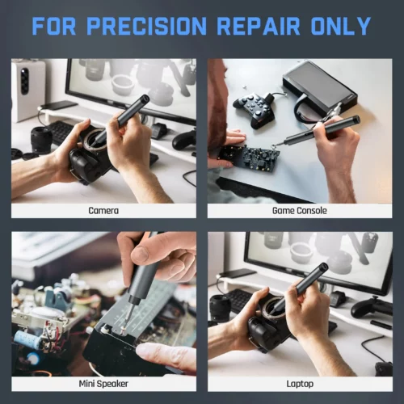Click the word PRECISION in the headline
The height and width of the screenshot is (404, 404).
click(x=147, y=26)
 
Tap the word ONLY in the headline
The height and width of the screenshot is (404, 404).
click(x=341, y=26)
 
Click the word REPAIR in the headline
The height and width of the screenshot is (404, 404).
click(x=259, y=26)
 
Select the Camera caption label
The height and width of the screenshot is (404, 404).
click(x=103, y=210)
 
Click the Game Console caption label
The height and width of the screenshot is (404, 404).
click(x=300, y=210)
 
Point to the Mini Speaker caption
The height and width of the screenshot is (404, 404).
click(x=103, y=384)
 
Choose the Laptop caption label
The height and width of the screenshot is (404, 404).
click(x=300, y=384)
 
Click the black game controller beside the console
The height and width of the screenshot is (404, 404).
click(x=254, y=108)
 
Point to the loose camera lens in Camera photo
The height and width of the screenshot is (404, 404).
click(x=41, y=140)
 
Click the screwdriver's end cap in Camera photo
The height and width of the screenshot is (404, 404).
click(x=144, y=99)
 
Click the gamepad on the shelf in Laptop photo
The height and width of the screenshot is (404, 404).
click(x=370, y=306)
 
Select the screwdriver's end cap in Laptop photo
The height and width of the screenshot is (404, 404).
click(x=322, y=267)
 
